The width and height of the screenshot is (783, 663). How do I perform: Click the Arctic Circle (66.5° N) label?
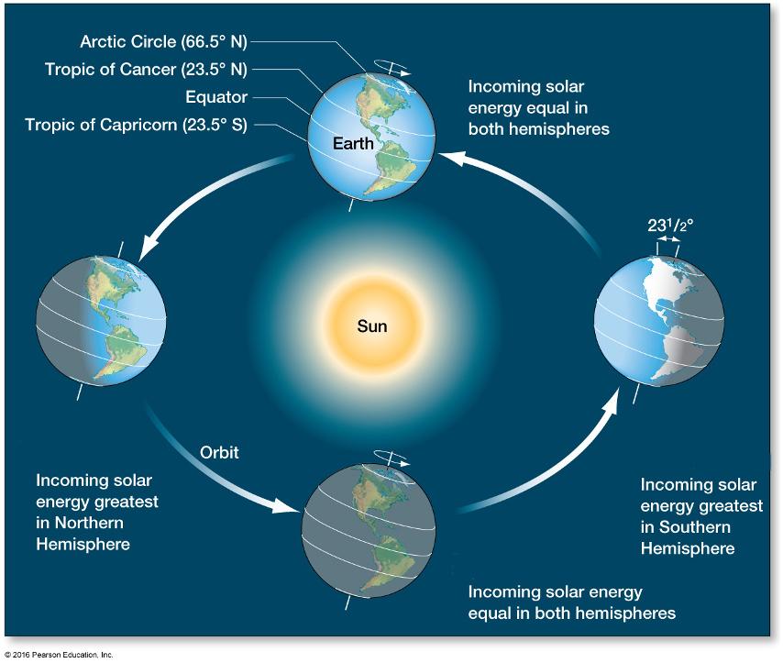click(163, 41)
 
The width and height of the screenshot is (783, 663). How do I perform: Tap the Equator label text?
click(216, 97)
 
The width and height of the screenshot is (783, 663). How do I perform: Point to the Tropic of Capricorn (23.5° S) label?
click(137, 125)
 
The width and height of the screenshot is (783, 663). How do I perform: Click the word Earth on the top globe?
click(354, 144)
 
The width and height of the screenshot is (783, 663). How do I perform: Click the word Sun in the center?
click(372, 326)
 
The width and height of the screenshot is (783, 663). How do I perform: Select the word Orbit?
click(220, 452)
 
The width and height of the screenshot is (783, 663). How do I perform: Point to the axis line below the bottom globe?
click(347, 604)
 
